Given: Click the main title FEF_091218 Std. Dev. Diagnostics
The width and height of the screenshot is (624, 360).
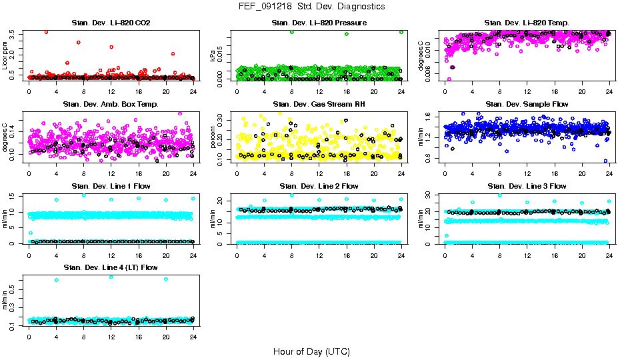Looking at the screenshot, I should [x=311, y=6].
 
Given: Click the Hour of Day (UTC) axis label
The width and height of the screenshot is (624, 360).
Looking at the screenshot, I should [x=311, y=351].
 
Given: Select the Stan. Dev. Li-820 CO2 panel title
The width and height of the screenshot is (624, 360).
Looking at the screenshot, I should [x=111, y=23].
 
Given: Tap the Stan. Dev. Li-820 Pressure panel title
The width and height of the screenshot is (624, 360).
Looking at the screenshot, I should [x=319, y=23].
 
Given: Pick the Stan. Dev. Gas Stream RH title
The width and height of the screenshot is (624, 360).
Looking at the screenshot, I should [x=319, y=105].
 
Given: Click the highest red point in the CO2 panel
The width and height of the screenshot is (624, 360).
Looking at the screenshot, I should [x=46, y=32].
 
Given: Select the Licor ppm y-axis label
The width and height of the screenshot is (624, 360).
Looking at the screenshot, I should [x=5, y=55].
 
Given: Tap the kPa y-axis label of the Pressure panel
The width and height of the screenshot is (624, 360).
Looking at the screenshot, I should [x=213, y=57].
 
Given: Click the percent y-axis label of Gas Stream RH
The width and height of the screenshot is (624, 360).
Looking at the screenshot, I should [x=213, y=137].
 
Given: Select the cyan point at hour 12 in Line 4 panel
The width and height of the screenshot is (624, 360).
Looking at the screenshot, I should [x=111, y=277].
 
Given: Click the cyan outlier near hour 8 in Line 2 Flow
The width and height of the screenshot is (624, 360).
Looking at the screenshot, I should [x=292, y=195].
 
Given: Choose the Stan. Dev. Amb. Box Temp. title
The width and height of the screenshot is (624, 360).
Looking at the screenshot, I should [x=111, y=105].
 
